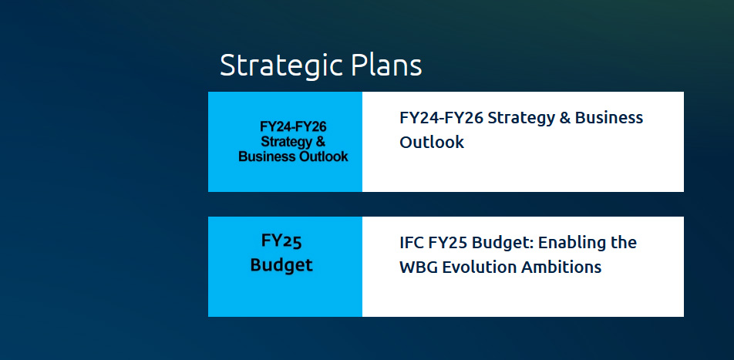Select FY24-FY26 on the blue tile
click(293, 127)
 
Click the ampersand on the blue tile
click(321, 141)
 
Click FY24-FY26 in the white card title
click(441, 117)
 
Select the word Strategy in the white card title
click(521, 119)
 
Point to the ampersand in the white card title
click(564, 117)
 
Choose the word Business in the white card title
click(609, 117)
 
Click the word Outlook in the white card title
click(432, 142)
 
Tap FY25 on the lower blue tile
click(281, 241)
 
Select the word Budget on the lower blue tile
click(281, 265)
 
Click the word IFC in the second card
click(410, 243)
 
